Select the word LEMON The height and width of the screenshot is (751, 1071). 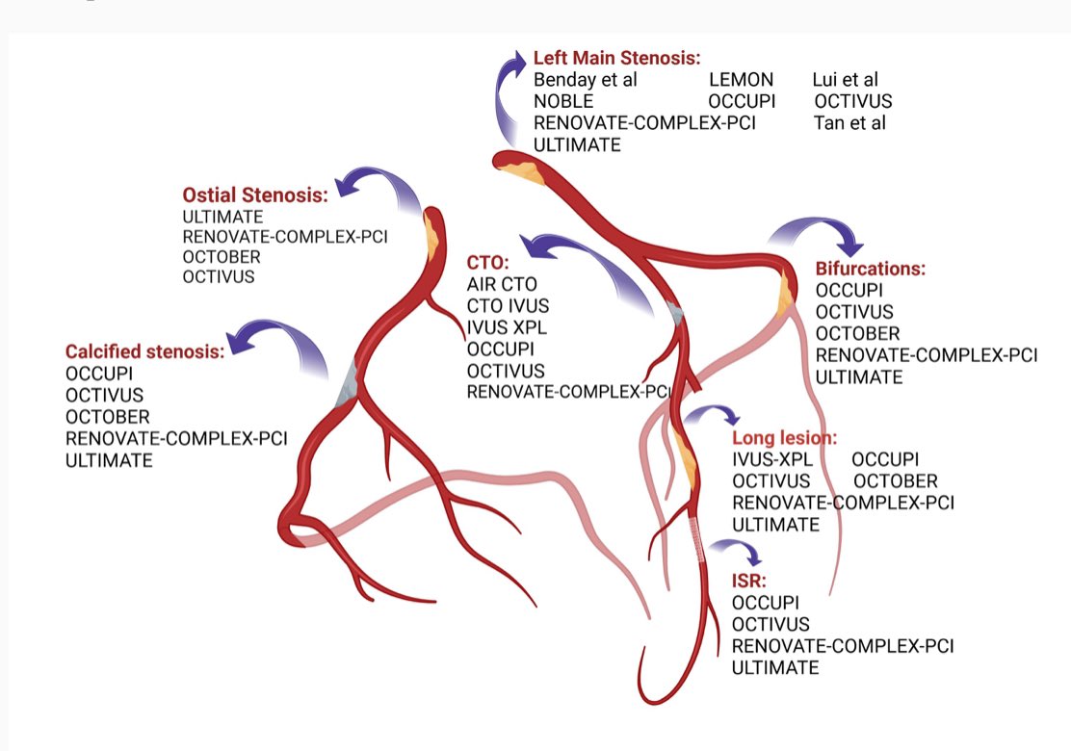click(741, 80)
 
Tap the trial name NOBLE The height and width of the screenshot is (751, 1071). click(563, 101)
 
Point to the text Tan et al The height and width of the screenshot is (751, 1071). click(849, 122)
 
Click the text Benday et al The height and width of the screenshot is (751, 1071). click(586, 80)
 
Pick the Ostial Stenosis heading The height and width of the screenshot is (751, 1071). click(255, 194)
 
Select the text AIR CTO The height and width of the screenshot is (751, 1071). click(502, 285)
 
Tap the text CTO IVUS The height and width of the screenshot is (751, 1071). click(507, 306)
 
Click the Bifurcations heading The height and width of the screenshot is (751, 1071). click(871, 268)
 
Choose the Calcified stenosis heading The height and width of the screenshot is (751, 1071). click(144, 350)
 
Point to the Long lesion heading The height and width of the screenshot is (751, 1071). click(785, 438)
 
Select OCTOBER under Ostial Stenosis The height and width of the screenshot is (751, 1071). click(221, 257)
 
